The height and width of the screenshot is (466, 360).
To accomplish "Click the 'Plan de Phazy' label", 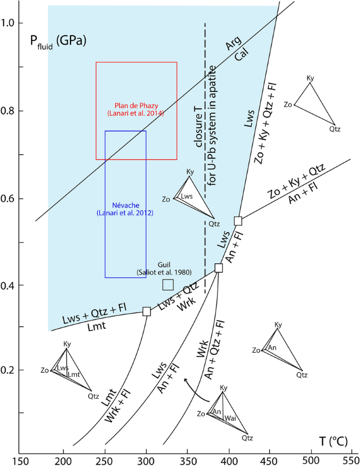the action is [136, 105].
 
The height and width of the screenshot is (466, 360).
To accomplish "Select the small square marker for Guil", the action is [168, 285].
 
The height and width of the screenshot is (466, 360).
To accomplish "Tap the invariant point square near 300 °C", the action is [147, 312].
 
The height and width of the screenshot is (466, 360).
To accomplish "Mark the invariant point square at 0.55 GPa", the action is [238, 221].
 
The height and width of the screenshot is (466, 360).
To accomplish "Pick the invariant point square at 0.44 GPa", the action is [219, 268].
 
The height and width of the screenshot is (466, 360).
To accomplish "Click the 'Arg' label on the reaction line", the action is [232, 47].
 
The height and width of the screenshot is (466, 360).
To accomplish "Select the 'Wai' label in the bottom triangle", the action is [230, 418].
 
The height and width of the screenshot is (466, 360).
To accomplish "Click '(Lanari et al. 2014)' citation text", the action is [136, 113].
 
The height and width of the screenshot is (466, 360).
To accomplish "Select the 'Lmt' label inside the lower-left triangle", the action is [74, 374].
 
